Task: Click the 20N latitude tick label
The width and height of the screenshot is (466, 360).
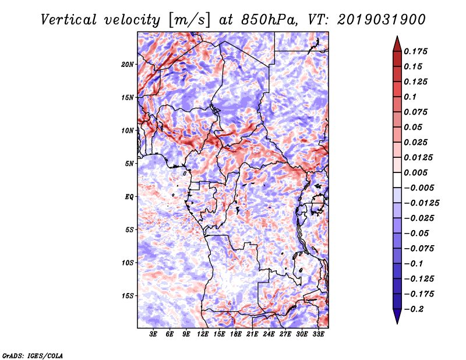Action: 128,65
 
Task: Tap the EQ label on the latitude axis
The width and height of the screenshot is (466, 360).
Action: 129,197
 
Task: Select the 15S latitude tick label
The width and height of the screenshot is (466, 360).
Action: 128,296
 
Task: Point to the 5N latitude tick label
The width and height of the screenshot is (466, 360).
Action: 129,164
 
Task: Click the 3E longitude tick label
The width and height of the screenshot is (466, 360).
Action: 153,334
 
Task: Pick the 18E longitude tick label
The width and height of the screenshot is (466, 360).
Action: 236,334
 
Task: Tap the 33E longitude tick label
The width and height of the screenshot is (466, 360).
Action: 318,334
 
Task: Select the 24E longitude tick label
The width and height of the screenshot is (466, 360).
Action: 269,334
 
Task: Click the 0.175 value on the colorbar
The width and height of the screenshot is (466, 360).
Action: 415,51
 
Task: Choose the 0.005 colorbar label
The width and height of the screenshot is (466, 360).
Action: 415,172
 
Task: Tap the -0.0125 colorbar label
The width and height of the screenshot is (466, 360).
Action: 421,203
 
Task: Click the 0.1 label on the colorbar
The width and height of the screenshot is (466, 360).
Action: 410,97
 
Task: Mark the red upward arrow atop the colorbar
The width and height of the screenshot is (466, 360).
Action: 397,44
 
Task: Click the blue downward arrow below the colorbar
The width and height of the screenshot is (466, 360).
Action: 397,316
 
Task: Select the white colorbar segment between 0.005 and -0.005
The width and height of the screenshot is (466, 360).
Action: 397,180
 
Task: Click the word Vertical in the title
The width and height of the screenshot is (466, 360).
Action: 69,20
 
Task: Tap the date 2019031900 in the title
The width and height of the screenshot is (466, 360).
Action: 382,20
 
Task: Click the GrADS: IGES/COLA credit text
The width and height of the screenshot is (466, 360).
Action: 33,355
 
